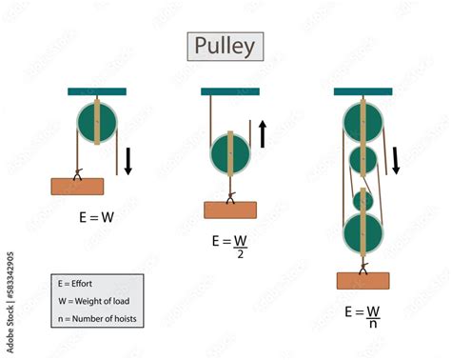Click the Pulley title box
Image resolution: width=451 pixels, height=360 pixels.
[x=224, y=46]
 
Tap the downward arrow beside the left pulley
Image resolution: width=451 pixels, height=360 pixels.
[x=128, y=159]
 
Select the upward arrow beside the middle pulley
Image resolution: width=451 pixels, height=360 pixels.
[x=262, y=132]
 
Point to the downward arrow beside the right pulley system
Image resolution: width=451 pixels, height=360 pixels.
[x=396, y=159]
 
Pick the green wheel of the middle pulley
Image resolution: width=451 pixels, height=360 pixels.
[x=229, y=154]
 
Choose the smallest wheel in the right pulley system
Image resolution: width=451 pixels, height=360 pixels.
[x=363, y=201]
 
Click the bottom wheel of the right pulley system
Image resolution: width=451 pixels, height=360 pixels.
[x=362, y=234]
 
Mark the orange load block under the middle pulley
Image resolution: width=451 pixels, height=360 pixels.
[x=229, y=210]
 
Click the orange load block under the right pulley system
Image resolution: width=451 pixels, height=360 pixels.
[x=362, y=280]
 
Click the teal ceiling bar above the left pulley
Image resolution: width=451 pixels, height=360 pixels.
[x=97, y=91]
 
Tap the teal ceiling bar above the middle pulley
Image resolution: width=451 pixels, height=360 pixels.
[x=229, y=91]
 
